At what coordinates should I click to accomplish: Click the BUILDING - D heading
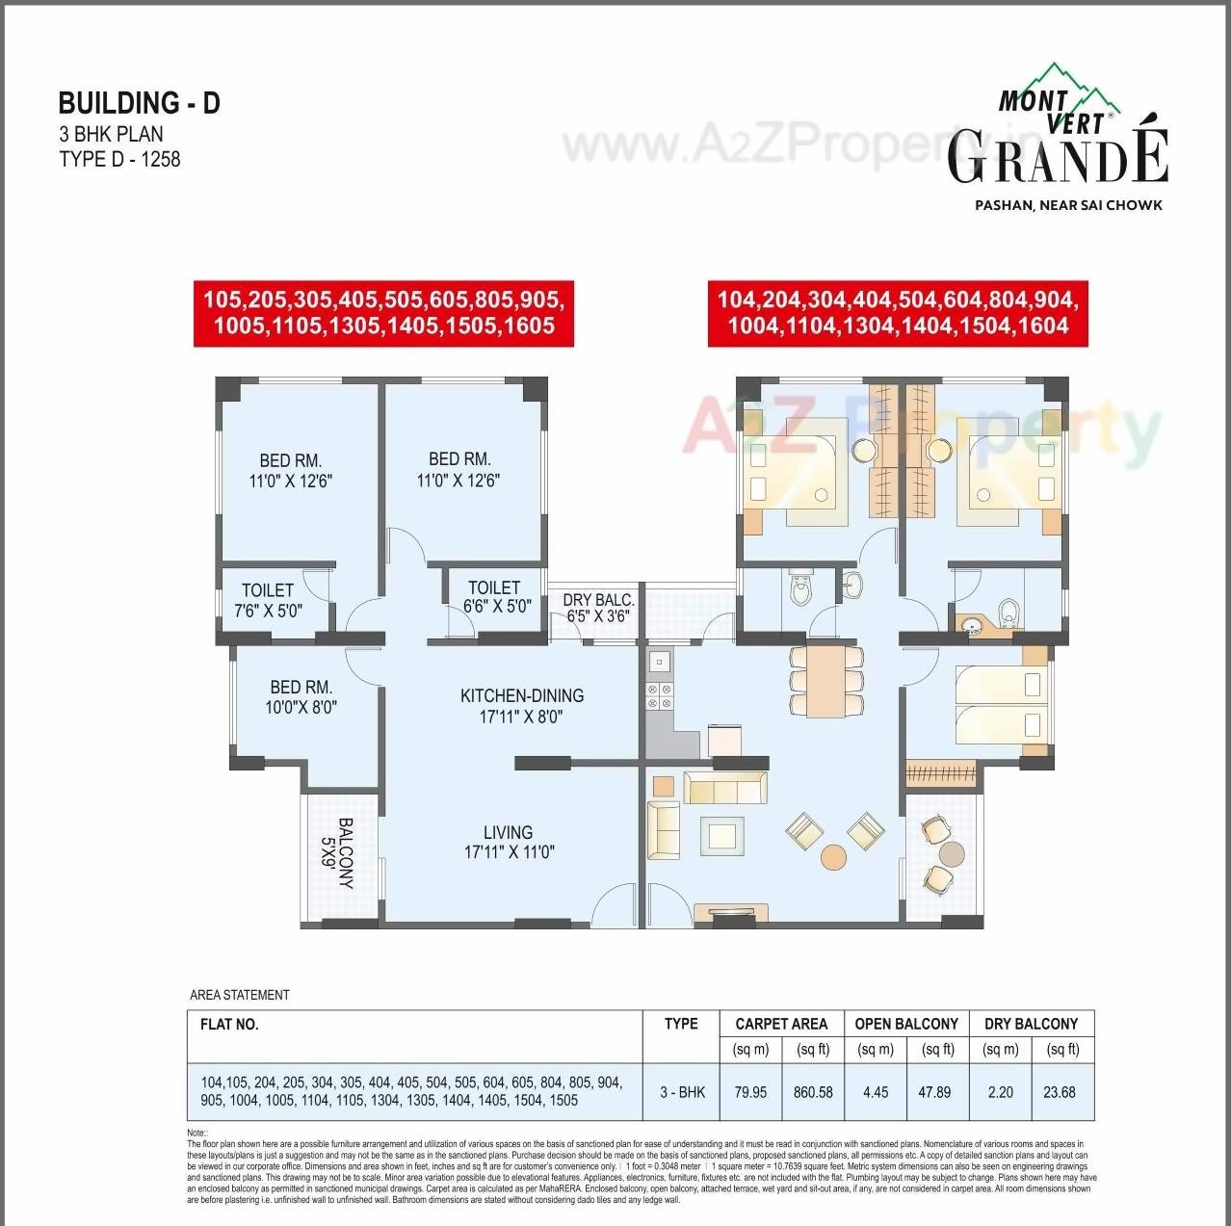coord(140,103)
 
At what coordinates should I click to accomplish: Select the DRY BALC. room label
coord(598,608)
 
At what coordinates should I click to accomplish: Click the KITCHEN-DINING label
coord(521,705)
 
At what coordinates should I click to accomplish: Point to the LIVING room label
coord(509,842)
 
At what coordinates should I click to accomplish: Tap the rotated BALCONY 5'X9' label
coord(337,853)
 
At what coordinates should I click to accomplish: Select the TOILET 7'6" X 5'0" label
coord(268,600)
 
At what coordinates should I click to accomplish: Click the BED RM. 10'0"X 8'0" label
coord(301,696)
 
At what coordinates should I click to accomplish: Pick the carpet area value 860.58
coord(813,1092)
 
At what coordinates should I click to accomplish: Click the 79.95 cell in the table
coord(750,1092)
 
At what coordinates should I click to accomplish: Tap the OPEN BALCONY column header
coord(906,1024)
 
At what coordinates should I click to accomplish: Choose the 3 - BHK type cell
coord(682,1092)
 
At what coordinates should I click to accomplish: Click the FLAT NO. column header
coord(229,1024)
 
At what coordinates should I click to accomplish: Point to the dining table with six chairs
coord(826,680)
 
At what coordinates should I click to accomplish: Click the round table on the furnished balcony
coord(951,854)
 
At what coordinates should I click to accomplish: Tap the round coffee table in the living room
coord(833,856)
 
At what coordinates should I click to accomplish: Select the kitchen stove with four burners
coord(660,696)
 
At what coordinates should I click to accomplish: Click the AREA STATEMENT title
coord(240,995)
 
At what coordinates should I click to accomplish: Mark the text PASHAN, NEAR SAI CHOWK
coord(1068,205)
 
